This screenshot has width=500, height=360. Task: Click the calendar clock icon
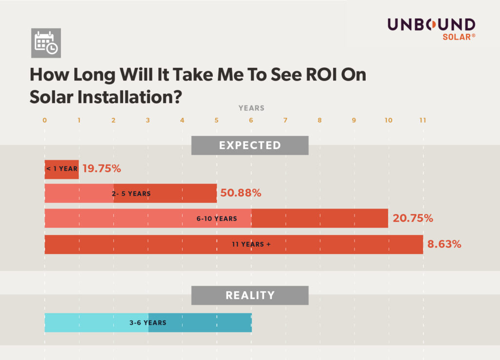(x=46, y=43)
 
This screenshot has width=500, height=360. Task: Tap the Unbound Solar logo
(x=431, y=29)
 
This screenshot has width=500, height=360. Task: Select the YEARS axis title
(x=251, y=108)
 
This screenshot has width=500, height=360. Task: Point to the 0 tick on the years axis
(x=44, y=120)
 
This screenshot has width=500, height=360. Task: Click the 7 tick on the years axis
(x=285, y=120)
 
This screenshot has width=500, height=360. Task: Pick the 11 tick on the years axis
(x=422, y=120)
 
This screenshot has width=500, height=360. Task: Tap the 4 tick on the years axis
(x=182, y=120)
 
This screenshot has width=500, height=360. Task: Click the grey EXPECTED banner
(x=250, y=145)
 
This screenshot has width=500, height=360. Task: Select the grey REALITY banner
(x=250, y=295)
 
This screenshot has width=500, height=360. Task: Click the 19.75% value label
(x=102, y=169)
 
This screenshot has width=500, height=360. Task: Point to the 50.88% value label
(x=241, y=193)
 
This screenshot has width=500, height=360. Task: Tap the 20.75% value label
(x=413, y=218)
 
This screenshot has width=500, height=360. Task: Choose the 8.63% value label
(x=444, y=244)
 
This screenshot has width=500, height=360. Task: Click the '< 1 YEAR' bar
(x=62, y=169)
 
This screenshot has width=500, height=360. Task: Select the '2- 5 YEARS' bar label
(x=131, y=193)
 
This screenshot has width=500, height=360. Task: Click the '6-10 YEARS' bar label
(x=217, y=218)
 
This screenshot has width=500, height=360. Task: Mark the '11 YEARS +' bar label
(x=251, y=244)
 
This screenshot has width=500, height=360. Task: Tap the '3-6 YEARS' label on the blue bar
(x=147, y=322)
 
